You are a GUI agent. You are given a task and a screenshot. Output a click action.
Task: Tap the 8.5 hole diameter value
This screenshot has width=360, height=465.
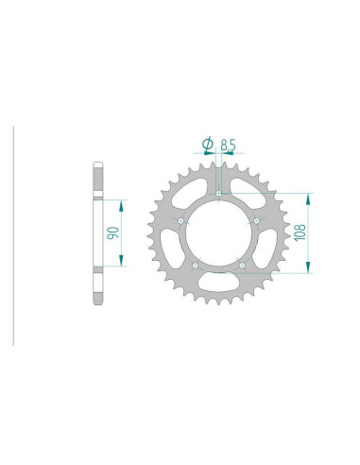(228, 146)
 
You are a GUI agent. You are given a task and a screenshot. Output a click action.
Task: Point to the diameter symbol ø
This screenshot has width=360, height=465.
(207, 146)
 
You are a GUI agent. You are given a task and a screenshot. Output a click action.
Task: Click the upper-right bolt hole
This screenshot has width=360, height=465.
(257, 221)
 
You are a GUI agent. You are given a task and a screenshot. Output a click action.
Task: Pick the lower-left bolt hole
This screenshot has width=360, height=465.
(194, 266)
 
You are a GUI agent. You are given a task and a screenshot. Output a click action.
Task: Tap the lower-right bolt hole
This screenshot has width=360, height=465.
(242, 266)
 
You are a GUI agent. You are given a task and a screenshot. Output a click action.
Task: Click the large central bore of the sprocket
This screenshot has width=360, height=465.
(218, 233)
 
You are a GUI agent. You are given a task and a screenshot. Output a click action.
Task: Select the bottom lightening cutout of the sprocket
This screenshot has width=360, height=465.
(218, 281)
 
